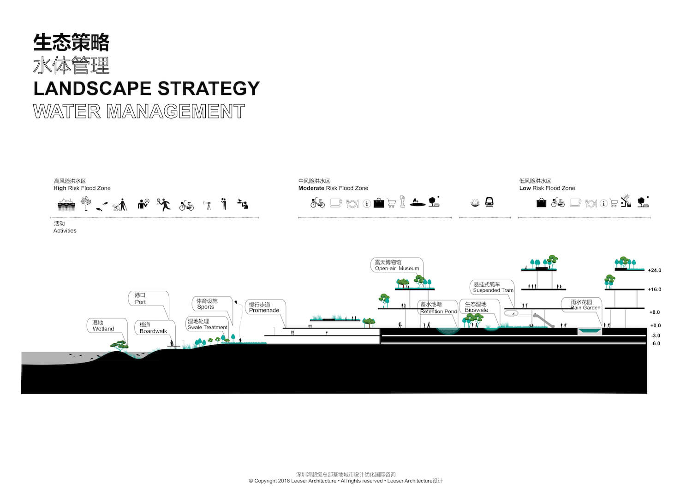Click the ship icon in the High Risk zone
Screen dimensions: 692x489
pyautogui.click(x=66, y=204)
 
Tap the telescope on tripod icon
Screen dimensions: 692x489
pyautogui.click(x=207, y=205)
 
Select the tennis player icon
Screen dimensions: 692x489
pyautogui.click(x=163, y=204)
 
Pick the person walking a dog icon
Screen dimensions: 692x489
pyautogui.click(x=120, y=205)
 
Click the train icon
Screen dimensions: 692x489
pyautogui.click(x=489, y=202)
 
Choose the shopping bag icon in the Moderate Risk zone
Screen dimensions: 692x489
pyautogui.click(x=378, y=203)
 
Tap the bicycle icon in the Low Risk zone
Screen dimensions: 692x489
pyautogui.click(x=558, y=202)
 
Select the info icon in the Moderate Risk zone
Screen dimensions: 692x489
pyautogui.click(x=367, y=204)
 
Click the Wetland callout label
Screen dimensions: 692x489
pyautogui.click(x=103, y=326)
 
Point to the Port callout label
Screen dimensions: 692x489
pyautogui.click(x=140, y=299)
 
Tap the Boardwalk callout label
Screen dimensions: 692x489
pyautogui.click(x=153, y=328)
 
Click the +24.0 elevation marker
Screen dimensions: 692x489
pyautogui.click(x=654, y=271)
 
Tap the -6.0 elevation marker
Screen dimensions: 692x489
pyautogui.click(x=656, y=344)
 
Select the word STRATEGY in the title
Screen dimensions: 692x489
pyautogui.click(x=209, y=88)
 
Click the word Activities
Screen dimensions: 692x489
pyautogui.click(x=65, y=230)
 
